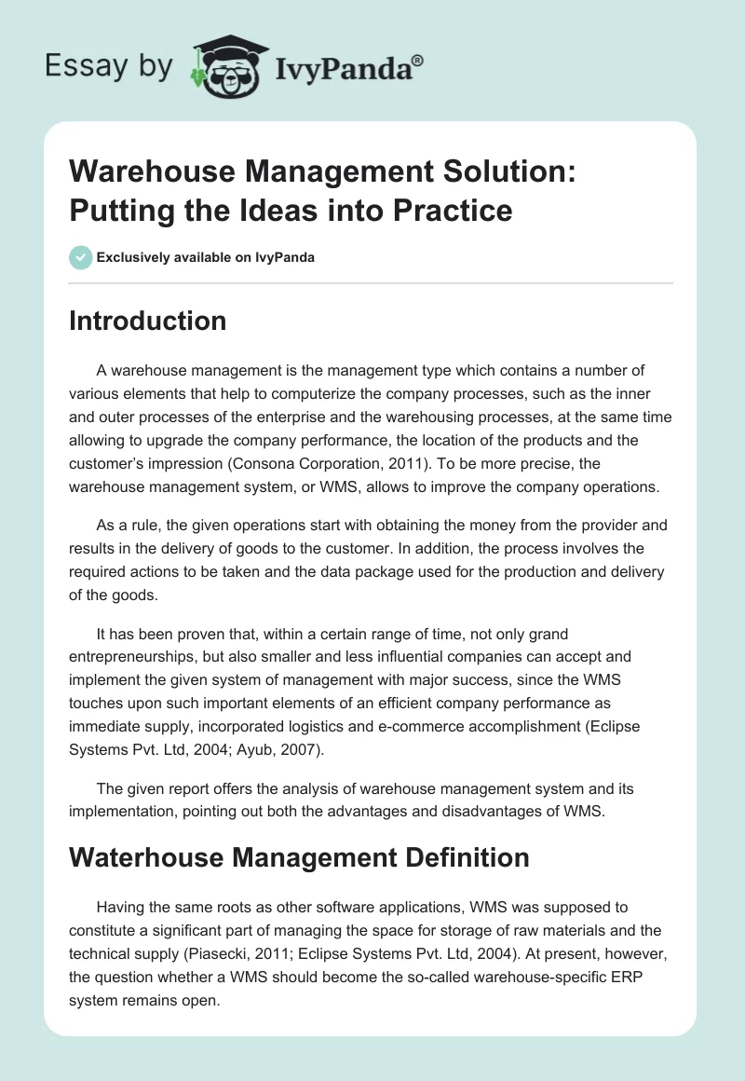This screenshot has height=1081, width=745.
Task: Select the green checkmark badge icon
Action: coord(81,257)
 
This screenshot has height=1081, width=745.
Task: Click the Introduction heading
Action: coord(147,321)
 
